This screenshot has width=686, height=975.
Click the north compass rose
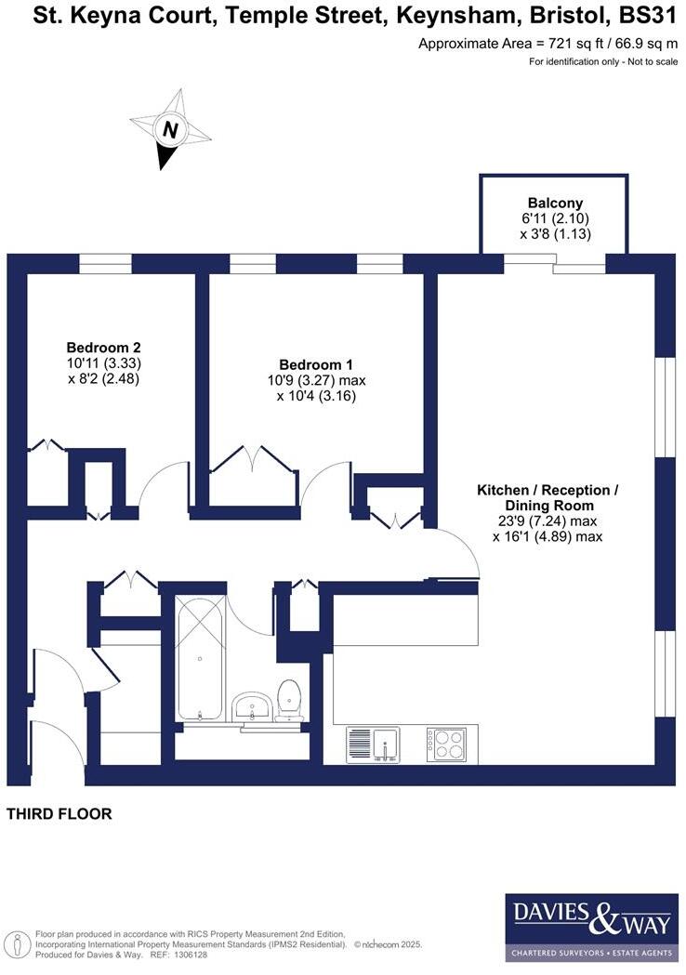click(x=169, y=130)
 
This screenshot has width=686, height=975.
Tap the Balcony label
click(x=555, y=204)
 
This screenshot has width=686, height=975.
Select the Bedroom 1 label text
click(x=316, y=364)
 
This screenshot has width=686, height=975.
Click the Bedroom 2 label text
click(x=103, y=348)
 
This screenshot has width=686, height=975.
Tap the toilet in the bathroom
click(x=289, y=699)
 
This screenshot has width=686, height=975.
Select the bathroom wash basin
click(x=250, y=708)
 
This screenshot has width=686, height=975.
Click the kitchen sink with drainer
click(x=373, y=744)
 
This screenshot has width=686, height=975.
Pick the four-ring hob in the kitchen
click(x=447, y=744)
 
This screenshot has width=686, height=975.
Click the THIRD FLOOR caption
click(x=59, y=814)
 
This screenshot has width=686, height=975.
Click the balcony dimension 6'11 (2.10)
click(x=555, y=219)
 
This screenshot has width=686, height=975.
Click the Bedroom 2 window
click(x=105, y=264)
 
